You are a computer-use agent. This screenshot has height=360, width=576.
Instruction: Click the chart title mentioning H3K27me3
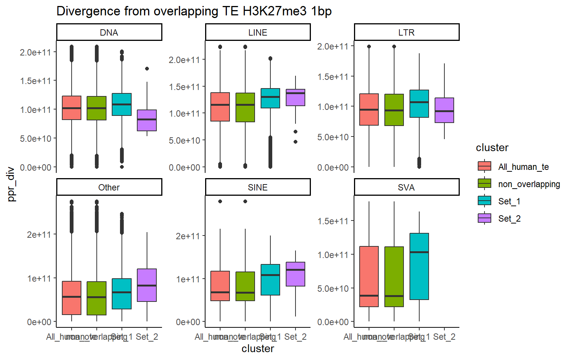pos(194,11)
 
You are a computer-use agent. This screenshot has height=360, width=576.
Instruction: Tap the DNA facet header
pos(109,33)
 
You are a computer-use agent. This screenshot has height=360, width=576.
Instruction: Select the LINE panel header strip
pos(258,33)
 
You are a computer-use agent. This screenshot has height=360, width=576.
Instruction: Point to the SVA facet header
pos(406,187)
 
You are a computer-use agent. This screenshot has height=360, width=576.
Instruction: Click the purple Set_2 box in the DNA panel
pos(147,120)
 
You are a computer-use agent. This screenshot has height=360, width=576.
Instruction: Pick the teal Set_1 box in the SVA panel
pos(419,266)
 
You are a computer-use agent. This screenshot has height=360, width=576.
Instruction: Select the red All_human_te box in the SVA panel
pos(369,276)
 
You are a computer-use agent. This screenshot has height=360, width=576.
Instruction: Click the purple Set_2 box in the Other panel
pos(147,285)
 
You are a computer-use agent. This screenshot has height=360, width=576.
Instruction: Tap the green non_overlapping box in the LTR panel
pos(394,110)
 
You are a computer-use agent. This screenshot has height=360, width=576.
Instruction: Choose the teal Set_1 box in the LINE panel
pos(270,98)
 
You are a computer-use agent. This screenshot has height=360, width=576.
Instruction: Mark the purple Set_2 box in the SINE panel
pos(295,274)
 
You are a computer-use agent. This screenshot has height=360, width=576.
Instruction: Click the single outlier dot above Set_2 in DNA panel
pos(147,69)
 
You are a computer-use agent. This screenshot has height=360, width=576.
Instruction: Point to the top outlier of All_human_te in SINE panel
pos(220,201)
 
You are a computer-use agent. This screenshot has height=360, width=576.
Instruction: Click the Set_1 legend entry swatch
pos(484,201)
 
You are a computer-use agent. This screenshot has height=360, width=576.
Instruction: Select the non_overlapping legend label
pos(529,184)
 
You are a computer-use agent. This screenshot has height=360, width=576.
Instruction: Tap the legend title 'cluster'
pos(492,148)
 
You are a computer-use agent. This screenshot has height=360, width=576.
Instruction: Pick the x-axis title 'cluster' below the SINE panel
pos(258,349)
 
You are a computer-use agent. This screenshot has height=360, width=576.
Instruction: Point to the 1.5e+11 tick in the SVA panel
pos(333,221)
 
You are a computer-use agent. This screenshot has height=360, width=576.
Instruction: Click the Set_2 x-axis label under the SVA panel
pos(444,337)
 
